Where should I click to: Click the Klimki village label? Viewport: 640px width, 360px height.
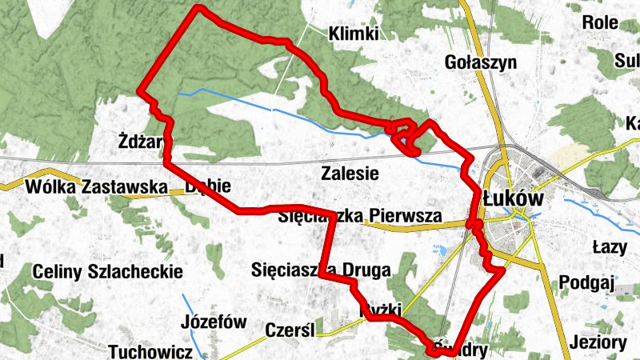(x=354, y=34)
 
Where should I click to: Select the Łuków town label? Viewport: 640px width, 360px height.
(x=514, y=198)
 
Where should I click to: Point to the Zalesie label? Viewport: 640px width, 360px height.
(x=349, y=173)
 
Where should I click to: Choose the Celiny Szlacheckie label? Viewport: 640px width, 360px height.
(x=107, y=272)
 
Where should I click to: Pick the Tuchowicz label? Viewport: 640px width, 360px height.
(x=150, y=352)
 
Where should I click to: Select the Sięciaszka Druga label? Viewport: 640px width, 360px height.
(x=320, y=270)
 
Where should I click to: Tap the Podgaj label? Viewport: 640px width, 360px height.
(x=586, y=282)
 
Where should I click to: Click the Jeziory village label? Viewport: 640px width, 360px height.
(x=599, y=342)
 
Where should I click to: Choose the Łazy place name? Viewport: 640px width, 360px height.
(x=608, y=246)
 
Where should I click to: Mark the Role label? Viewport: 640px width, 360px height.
(x=600, y=22)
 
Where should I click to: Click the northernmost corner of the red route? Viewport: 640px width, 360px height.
(x=198, y=9)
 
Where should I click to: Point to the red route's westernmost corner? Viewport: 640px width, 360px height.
(x=142, y=92)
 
